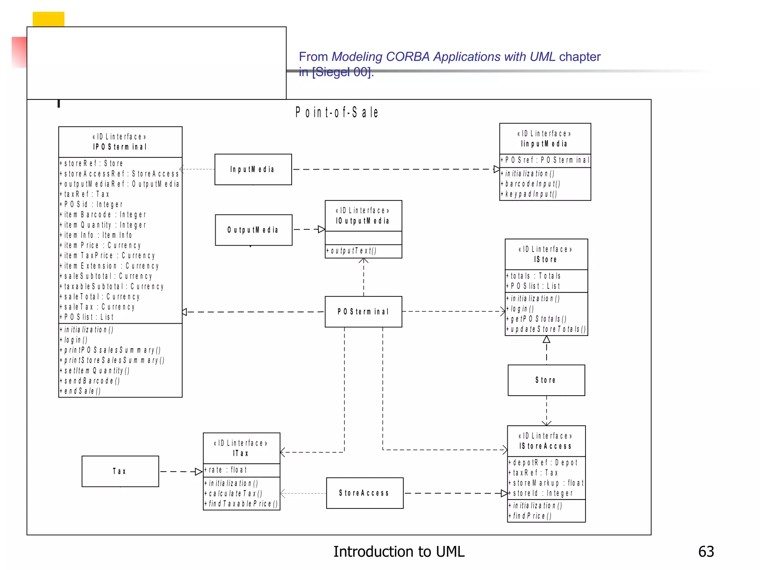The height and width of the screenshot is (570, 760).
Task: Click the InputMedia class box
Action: click(x=253, y=170)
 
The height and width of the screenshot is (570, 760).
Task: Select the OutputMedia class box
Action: click(x=253, y=230)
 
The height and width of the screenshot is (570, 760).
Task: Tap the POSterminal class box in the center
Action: click(x=363, y=312)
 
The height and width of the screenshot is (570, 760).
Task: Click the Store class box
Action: click(x=546, y=380)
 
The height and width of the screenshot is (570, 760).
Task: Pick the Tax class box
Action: click(x=120, y=471)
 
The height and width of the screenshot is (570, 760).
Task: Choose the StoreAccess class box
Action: click(x=364, y=493)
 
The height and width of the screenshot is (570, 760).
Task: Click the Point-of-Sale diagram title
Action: click(x=337, y=112)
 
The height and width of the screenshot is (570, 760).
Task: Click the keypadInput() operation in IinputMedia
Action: click(x=531, y=194)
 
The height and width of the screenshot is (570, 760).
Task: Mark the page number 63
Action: click(x=706, y=552)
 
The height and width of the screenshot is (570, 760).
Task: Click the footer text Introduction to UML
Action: click(x=399, y=552)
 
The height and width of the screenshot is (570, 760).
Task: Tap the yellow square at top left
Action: click(x=48, y=19)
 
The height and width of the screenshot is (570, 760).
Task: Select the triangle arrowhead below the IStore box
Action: click(x=546, y=340)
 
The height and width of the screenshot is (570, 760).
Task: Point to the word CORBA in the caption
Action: click(x=408, y=57)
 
